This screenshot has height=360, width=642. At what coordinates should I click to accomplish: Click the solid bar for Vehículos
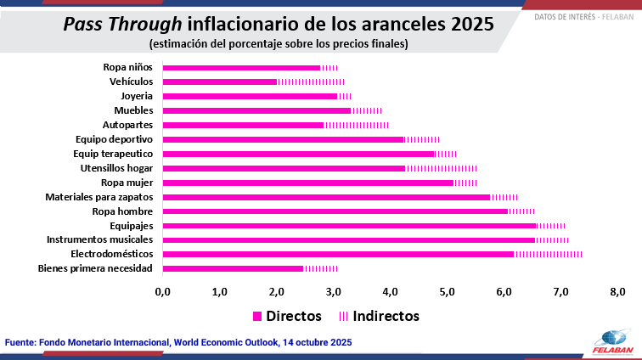point(219,82)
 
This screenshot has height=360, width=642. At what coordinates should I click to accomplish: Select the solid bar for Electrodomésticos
point(338,254)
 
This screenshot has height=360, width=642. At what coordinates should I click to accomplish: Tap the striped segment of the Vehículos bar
point(310,82)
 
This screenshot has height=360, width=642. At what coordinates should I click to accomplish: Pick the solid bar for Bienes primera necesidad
point(233,268)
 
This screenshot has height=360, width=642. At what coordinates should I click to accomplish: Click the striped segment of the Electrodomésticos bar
point(548,254)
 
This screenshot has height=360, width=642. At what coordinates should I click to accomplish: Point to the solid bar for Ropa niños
point(241,67)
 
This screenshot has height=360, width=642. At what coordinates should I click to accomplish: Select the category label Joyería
point(136,96)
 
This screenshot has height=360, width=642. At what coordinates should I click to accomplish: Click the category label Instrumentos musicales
point(99,240)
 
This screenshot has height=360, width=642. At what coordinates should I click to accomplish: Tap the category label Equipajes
point(131,226)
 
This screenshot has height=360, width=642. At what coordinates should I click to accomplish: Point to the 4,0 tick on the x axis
point(390,292)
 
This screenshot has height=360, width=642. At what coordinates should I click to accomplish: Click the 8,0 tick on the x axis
point(617,292)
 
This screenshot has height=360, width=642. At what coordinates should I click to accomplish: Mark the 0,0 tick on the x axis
point(162,292)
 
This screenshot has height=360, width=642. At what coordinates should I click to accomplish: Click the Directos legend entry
point(287,316)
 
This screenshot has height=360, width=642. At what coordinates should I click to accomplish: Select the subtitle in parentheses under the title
point(278,43)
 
